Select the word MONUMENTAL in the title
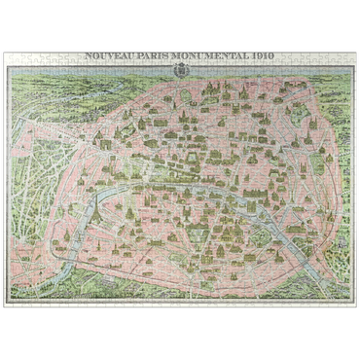tap(198, 57)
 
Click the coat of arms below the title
tap(179, 72)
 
